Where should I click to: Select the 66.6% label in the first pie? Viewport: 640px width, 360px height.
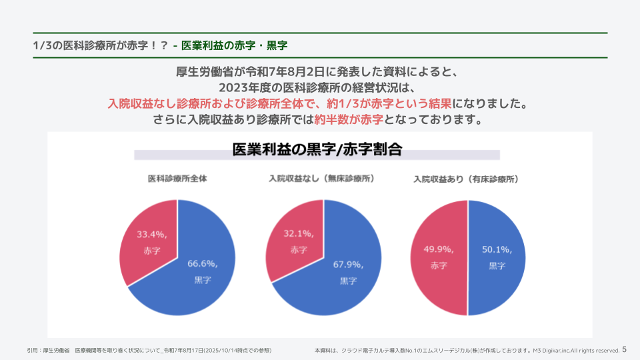202,264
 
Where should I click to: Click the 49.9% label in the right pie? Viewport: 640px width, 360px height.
439,249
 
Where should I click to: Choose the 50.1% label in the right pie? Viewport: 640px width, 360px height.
497,250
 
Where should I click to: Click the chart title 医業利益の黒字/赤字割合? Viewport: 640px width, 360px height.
317,149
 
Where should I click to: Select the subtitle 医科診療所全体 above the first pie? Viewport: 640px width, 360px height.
177,179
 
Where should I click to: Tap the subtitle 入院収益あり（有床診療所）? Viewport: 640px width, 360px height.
467,179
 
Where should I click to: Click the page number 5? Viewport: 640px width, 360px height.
624,349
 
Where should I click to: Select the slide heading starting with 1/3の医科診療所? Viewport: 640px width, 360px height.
160,45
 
